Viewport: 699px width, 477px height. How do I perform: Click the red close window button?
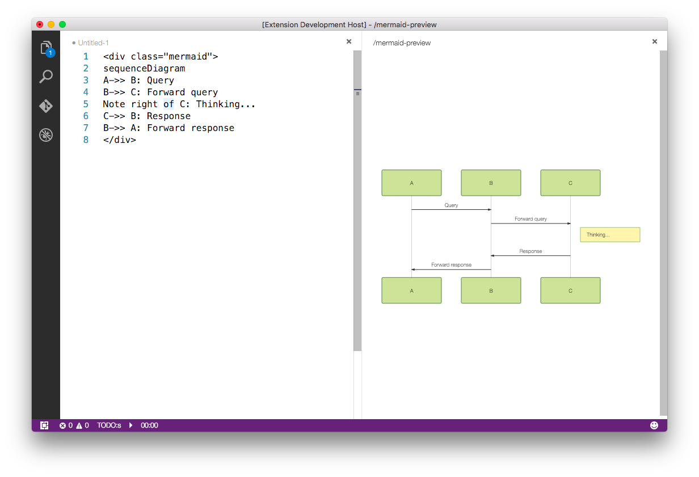(x=40, y=24)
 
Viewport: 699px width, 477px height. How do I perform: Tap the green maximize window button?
(x=62, y=24)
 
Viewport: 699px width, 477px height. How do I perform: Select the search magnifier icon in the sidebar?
(x=46, y=77)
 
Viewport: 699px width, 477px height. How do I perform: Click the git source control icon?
(x=46, y=105)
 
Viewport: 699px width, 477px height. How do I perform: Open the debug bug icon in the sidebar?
(x=46, y=135)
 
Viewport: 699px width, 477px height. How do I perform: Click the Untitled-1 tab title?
(x=93, y=43)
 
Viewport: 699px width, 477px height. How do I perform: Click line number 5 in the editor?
(x=86, y=104)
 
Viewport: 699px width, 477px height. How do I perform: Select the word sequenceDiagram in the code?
(x=144, y=68)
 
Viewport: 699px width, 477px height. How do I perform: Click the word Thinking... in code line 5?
(x=226, y=104)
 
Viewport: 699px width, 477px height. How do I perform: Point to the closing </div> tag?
(x=120, y=140)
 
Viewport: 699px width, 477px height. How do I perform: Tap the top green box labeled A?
(x=411, y=183)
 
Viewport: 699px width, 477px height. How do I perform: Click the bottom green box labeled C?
(x=570, y=290)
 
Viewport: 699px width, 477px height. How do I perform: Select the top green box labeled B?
(x=491, y=183)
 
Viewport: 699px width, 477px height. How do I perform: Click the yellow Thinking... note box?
(x=610, y=235)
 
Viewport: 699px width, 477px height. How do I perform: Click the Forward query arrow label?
(x=530, y=219)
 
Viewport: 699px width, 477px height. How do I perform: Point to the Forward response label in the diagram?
(x=451, y=265)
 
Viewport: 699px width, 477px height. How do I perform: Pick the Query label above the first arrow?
(x=451, y=205)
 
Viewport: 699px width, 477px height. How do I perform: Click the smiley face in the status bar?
(x=654, y=425)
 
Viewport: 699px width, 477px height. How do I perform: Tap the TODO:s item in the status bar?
(x=109, y=425)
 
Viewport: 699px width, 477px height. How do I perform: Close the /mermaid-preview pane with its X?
(x=655, y=41)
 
